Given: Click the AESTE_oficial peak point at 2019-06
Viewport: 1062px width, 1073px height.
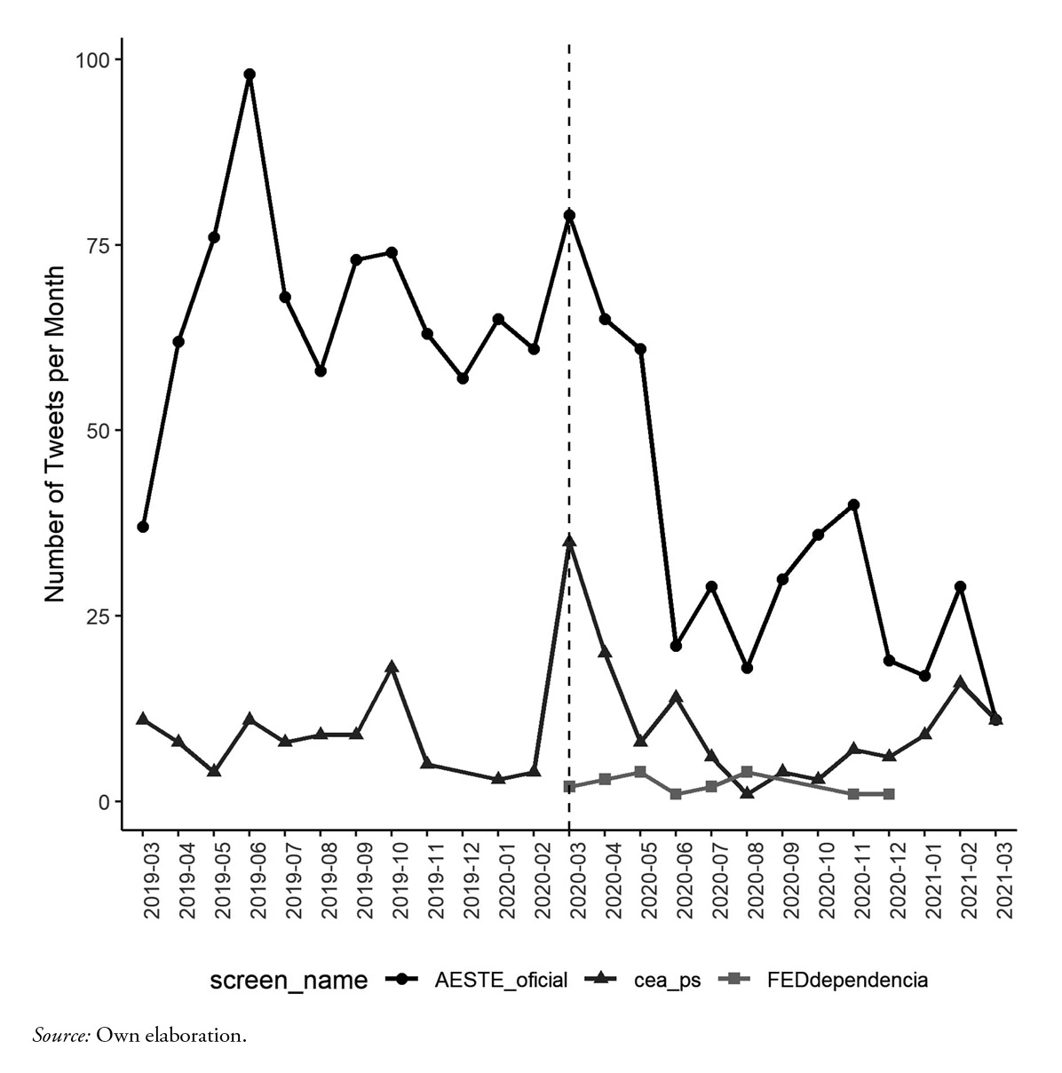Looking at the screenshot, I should pyautogui.click(x=250, y=75).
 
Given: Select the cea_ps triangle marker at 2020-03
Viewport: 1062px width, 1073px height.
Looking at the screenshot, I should pyautogui.click(x=569, y=541).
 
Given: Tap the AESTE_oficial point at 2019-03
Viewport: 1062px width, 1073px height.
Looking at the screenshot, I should pyautogui.click(x=143, y=527).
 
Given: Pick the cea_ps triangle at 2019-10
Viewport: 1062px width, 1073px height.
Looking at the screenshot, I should pyautogui.click(x=392, y=667).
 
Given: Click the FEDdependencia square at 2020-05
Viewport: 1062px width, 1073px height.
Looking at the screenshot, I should pyautogui.click(x=640, y=772).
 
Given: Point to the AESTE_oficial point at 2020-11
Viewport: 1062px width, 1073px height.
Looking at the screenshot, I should pyautogui.click(x=853, y=505).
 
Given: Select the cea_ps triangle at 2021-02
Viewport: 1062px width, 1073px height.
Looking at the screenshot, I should pyautogui.click(x=960, y=682).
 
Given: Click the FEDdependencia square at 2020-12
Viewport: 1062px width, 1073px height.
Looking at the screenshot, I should pyautogui.click(x=889, y=794).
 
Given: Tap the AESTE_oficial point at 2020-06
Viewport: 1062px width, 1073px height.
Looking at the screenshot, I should pyautogui.click(x=676, y=646).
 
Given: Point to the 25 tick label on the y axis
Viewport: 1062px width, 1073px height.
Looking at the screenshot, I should pyautogui.click(x=99, y=616).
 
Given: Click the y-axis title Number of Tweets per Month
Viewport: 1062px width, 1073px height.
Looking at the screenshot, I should pyautogui.click(x=55, y=433).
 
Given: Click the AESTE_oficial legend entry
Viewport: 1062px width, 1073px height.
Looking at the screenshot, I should pyautogui.click(x=500, y=981).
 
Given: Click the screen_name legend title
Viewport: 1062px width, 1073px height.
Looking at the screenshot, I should pyautogui.click(x=289, y=981).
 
